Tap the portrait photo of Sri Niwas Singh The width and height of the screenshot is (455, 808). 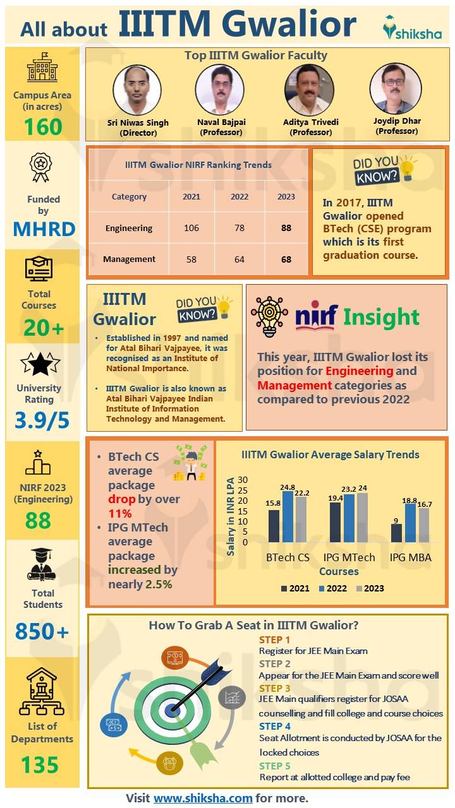(136, 89)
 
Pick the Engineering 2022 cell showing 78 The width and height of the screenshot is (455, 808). (239, 228)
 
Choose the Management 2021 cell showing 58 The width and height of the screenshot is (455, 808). (191, 259)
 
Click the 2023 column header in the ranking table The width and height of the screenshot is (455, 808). (286, 196)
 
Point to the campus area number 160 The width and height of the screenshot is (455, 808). (43, 127)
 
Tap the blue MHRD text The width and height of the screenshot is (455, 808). (44, 229)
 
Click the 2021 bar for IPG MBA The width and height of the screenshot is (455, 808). (396, 533)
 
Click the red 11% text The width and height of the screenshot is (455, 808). (120, 513)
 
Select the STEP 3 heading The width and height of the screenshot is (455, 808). (275, 688)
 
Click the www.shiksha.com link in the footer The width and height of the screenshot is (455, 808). (203, 798)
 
